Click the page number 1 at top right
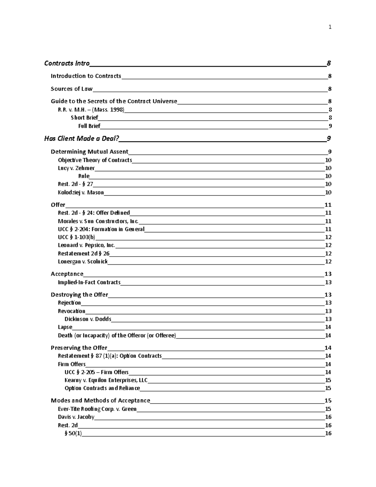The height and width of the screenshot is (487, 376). point(330,27)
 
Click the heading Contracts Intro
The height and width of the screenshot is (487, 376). point(67,63)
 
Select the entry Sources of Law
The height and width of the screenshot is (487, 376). point(71,89)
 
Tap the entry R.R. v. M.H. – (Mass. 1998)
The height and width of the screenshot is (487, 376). point(91,110)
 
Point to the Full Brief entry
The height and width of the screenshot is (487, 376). point(89,126)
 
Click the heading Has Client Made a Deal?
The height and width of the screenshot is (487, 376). point(81,139)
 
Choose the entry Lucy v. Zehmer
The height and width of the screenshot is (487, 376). point(76,168)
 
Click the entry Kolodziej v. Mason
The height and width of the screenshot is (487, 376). point(81,193)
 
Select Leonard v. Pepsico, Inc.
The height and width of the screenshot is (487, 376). point(86,245)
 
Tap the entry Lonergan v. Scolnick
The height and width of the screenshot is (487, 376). point(83,262)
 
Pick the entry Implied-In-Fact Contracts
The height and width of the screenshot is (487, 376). point(89,282)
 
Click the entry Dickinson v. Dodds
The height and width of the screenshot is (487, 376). point(88,319)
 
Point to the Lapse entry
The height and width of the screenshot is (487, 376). point(65,327)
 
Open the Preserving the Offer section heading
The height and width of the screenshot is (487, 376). point(79,348)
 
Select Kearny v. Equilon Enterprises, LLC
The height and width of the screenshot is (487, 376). point(106,380)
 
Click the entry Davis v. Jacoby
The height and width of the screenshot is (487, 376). point(76,417)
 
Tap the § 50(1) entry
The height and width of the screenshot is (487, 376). point(73,433)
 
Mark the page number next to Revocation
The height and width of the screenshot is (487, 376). point(328,311)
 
